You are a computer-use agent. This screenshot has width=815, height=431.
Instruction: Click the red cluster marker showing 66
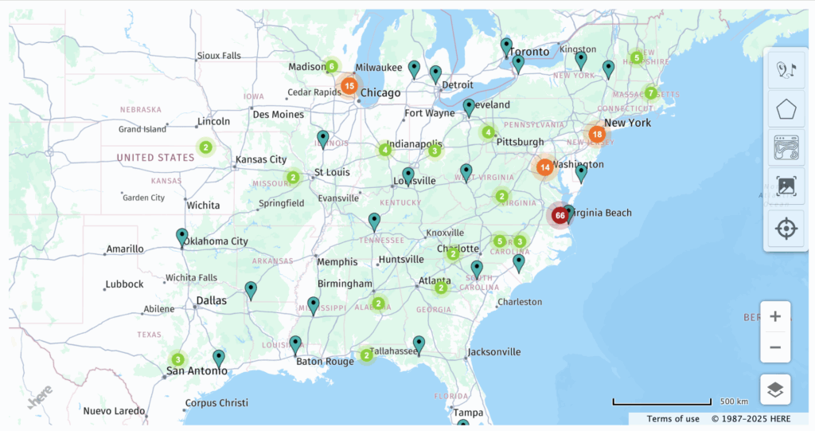[x=560, y=215]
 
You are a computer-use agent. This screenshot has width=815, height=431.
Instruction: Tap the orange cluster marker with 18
[x=597, y=135]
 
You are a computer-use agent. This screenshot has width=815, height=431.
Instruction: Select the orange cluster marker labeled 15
[x=349, y=85]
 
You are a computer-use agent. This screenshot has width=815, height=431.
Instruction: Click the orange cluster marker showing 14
[x=544, y=167]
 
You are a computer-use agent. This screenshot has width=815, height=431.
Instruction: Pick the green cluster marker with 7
[x=650, y=93]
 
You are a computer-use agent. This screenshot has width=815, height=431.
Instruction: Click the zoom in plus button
[x=775, y=316]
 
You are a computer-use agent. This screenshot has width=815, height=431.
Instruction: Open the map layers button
[x=775, y=390]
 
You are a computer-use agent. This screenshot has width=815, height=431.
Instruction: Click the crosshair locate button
[x=786, y=229]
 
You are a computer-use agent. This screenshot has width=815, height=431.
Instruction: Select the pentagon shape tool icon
[x=786, y=109]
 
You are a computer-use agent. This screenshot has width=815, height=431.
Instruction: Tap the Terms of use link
[x=673, y=419]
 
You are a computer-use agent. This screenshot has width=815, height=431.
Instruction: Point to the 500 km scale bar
[x=661, y=402]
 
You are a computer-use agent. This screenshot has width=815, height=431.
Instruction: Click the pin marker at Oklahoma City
[x=182, y=237]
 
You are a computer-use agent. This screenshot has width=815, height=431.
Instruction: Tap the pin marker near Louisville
[x=408, y=175]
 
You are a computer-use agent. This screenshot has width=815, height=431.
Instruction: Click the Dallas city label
[x=211, y=300]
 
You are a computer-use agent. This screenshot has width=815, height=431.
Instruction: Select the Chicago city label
[x=380, y=93]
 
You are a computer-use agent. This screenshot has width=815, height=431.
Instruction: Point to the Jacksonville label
[x=494, y=351]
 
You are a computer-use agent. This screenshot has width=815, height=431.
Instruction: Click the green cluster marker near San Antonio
[x=177, y=359]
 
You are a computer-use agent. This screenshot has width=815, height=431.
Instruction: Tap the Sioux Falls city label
[x=220, y=56]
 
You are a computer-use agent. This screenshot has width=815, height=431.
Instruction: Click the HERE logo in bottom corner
[x=40, y=396]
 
